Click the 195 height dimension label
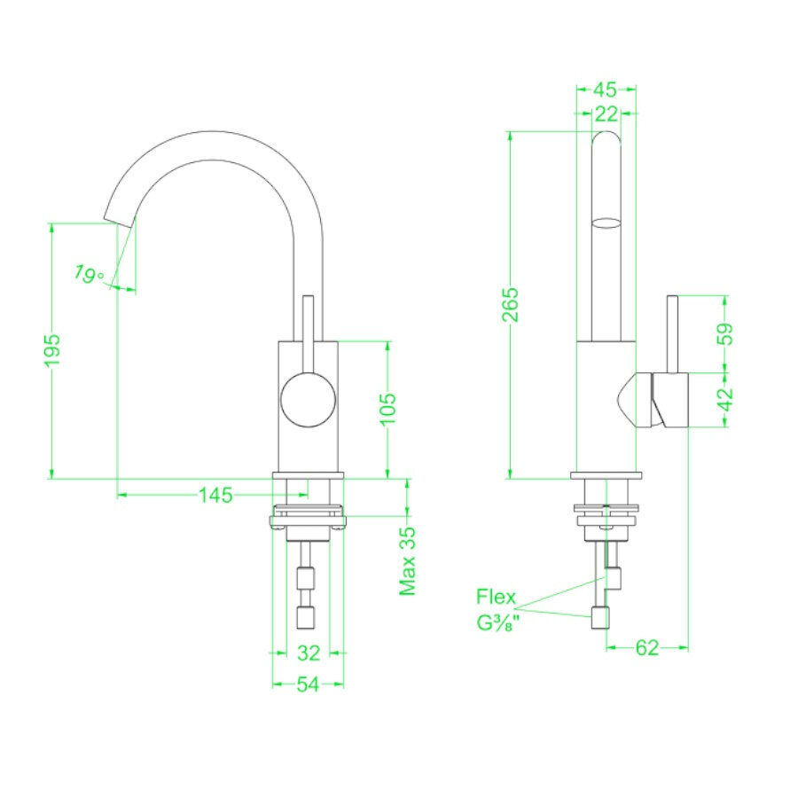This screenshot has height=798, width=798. pyautogui.click(x=52, y=349)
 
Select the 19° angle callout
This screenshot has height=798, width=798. pyautogui.click(x=89, y=274)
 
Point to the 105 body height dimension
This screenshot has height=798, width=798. pyautogui.click(x=387, y=409)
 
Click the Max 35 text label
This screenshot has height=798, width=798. pyautogui.click(x=408, y=561)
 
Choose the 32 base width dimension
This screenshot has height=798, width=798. pyautogui.click(x=308, y=653)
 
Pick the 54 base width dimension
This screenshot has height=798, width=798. pyautogui.click(x=308, y=685)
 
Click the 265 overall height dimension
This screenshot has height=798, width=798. pyautogui.click(x=512, y=306)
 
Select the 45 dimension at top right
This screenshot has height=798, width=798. pyautogui.click(x=605, y=89)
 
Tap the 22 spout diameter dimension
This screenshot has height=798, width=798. pyautogui.click(x=606, y=113)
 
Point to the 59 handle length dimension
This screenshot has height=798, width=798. pyautogui.click(x=725, y=333)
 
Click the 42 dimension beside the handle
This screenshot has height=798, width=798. pyautogui.click(x=725, y=399)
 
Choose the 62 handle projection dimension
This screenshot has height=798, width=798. pyautogui.click(x=647, y=648)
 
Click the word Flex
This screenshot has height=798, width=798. pyautogui.click(x=496, y=597)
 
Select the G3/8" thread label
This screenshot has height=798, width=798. pyautogui.click(x=497, y=622)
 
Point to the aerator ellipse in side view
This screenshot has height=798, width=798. pyautogui.click(x=606, y=222)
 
